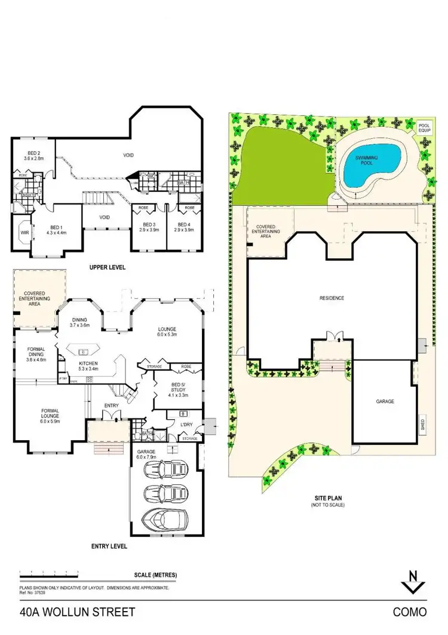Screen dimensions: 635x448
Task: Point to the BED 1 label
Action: tap(56, 230)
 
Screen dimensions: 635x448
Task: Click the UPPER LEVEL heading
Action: tap(108, 267)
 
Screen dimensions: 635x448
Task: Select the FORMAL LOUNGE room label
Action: tap(50, 414)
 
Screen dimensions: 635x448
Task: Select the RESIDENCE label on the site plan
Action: tap(332, 297)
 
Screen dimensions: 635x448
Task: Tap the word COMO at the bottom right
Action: tap(410, 612)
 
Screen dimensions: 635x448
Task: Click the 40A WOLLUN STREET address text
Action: tap(78, 612)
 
